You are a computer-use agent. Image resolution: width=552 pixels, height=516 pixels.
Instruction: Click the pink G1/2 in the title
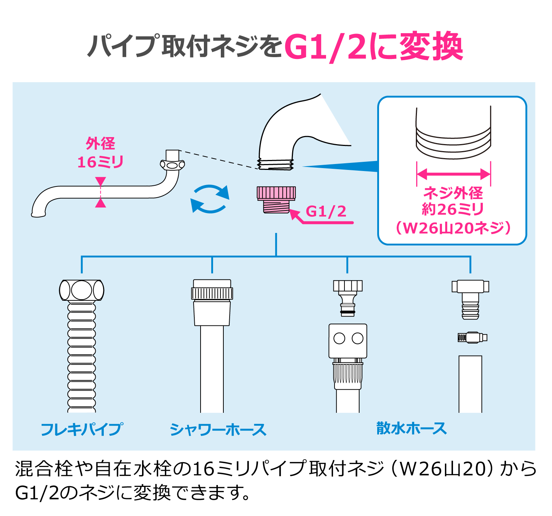[325, 47]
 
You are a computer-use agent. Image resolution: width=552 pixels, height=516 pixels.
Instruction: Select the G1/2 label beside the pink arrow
[326, 212]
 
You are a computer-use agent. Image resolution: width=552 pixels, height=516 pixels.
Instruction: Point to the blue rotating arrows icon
[210, 199]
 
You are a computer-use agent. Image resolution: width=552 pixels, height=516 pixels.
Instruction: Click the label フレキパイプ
[82, 429]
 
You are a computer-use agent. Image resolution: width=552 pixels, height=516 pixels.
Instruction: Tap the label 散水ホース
[411, 429]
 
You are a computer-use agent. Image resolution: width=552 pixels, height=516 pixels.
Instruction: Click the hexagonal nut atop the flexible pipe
[82, 290]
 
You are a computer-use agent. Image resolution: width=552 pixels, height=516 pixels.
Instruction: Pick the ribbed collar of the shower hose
[212, 293]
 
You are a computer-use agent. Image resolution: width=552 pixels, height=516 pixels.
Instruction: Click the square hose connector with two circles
[348, 341]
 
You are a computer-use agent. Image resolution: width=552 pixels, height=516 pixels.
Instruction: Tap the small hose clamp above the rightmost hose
[472, 337]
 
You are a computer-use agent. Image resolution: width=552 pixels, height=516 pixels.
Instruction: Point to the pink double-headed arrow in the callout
[453, 174]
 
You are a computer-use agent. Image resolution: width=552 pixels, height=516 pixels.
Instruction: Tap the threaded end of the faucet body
[276, 164]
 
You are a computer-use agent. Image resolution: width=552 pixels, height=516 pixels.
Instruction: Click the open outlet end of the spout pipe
[38, 213]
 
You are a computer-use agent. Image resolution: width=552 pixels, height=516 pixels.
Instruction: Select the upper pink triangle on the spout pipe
[100, 181]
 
